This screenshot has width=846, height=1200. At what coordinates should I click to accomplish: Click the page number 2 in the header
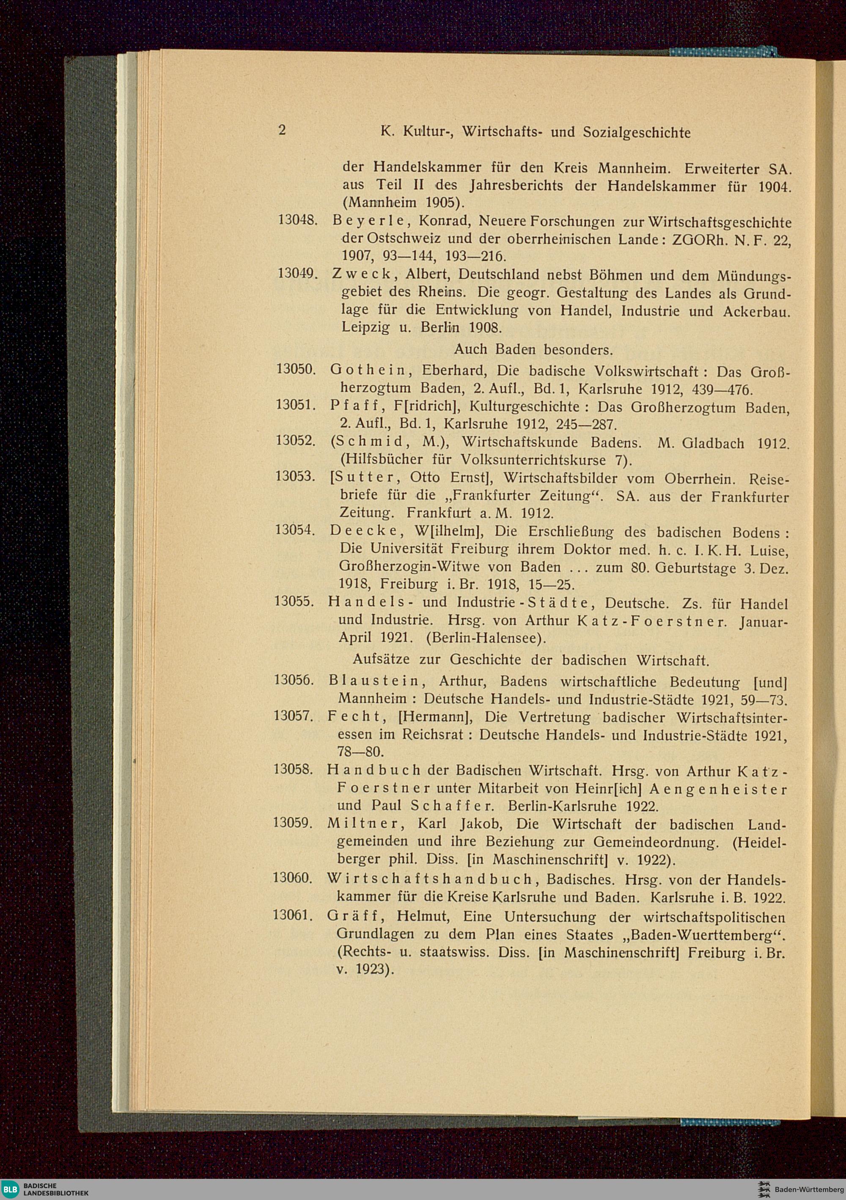tap(282, 130)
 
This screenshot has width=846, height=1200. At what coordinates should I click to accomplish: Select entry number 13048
tap(297, 220)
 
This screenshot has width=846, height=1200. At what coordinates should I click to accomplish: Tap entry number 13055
tap(294, 601)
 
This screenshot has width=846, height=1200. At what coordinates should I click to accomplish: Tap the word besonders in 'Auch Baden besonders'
tap(578, 349)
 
